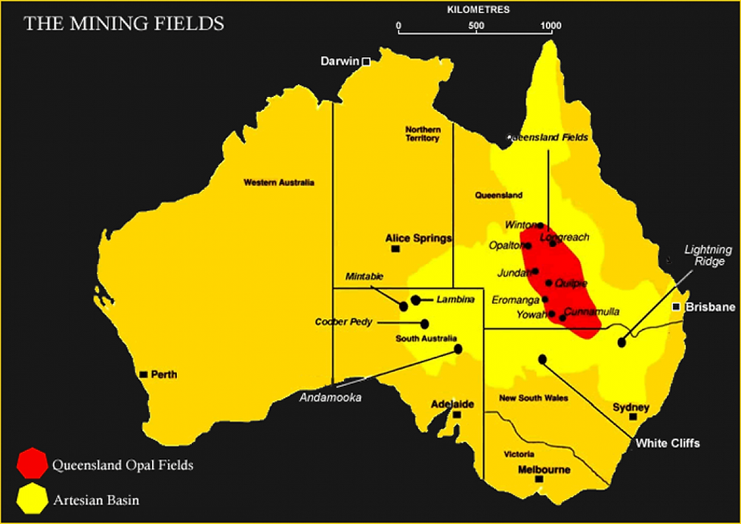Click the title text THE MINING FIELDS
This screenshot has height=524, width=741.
click(x=124, y=23)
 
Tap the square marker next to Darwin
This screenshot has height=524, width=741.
click(x=366, y=62)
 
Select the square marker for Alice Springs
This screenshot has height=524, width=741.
click(x=395, y=249)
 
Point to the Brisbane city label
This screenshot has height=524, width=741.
click(x=710, y=307)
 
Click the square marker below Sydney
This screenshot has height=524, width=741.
click(x=634, y=417)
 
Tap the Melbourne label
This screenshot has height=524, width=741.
click(x=544, y=470)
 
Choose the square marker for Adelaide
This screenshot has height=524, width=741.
click(x=457, y=414)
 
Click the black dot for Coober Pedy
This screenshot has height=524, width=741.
click(x=424, y=324)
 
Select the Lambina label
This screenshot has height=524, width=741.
click(x=455, y=299)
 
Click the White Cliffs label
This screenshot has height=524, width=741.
click(x=668, y=443)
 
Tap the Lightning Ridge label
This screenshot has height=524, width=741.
click(x=708, y=255)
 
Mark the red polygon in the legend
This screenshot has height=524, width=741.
click(x=31, y=464)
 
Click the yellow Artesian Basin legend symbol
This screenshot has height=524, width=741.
click(x=31, y=500)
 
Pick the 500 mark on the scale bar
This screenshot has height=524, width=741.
click(x=476, y=25)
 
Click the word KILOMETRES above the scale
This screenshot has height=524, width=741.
click(x=478, y=10)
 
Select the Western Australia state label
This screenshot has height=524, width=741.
click(x=278, y=182)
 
